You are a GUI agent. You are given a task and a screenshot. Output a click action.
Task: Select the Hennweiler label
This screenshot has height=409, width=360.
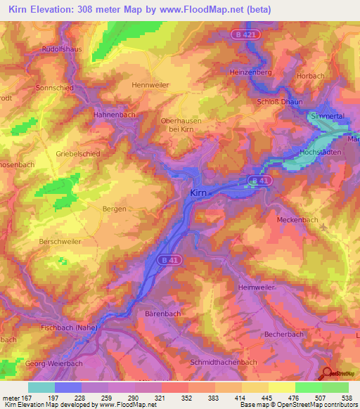(x=151, y=85)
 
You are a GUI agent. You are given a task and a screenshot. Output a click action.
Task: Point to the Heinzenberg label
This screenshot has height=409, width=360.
(x=250, y=72)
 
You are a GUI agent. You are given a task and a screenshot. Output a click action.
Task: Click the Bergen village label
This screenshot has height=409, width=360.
(x=114, y=209)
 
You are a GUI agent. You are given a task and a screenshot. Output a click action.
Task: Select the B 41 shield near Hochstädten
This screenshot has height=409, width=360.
(x=259, y=181)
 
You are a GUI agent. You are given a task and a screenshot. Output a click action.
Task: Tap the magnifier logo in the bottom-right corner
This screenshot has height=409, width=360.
(x=327, y=375)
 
